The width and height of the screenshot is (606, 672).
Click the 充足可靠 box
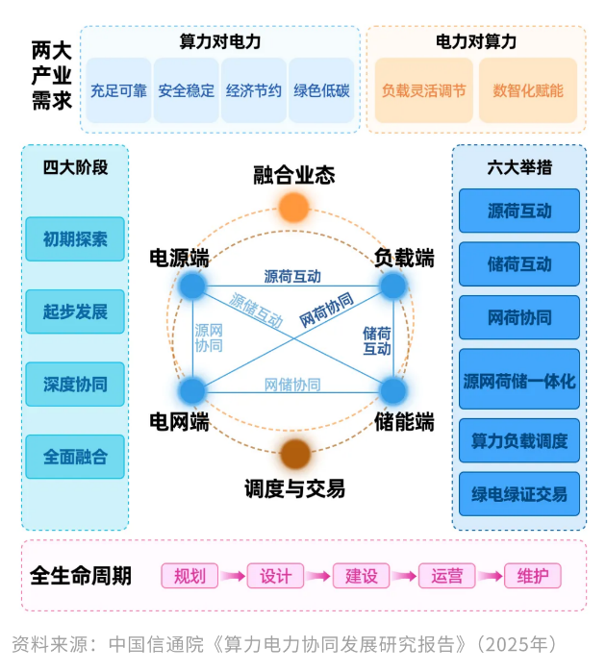[x=118, y=91]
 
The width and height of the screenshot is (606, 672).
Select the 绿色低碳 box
[x=321, y=91]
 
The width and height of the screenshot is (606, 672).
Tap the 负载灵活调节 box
[x=423, y=91]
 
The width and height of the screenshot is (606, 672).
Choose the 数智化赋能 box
[x=528, y=91]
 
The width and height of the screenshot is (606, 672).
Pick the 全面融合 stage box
[x=75, y=456]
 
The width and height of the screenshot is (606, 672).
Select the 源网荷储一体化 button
[x=519, y=382]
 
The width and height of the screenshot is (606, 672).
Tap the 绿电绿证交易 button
[x=519, y=494]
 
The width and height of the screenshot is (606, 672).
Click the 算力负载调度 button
[x=519, y=440]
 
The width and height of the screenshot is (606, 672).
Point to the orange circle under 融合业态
[x=293, y=207]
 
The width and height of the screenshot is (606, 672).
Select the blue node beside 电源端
[x=192, y=286]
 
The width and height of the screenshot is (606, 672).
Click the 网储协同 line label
[x=292, y=385]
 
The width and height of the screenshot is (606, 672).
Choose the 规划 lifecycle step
[x=189, y=576]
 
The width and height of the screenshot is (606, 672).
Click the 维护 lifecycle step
[x=532, y=576]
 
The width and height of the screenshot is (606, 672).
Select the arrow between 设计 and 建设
[x=317, y=576]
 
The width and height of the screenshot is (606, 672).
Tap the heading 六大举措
[x=519, y=166]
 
